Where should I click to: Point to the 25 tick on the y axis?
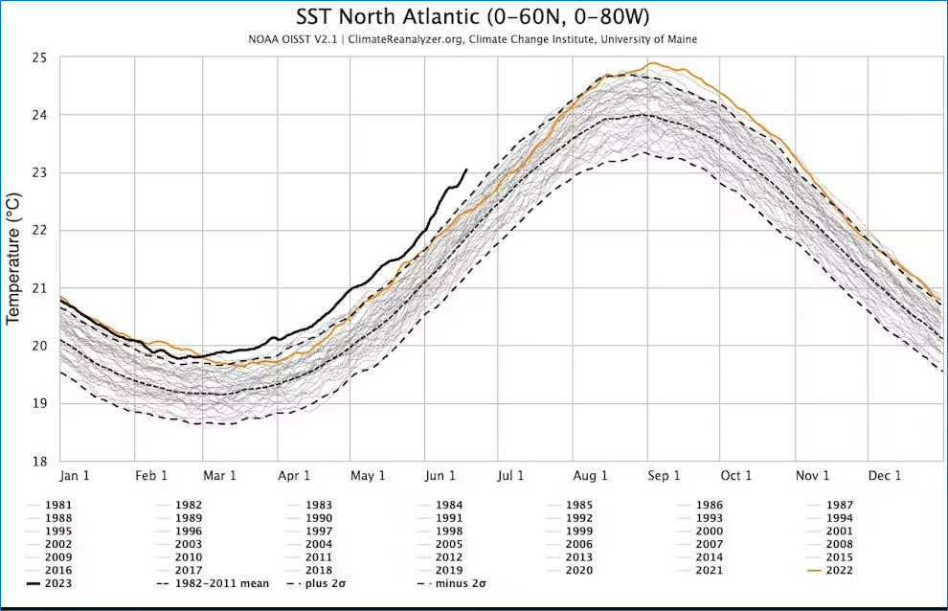coord(39,57)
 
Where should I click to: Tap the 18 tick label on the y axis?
coord(39,461)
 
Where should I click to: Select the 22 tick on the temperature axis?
coord(39,231)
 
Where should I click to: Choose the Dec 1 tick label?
coord(885,476)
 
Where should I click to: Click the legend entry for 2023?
coord(56,583)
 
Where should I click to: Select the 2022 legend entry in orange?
coord(837,571)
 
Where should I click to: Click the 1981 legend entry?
coord(56,505)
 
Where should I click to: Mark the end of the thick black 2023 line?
coord(466,170)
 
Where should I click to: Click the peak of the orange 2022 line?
coord(651,64)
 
